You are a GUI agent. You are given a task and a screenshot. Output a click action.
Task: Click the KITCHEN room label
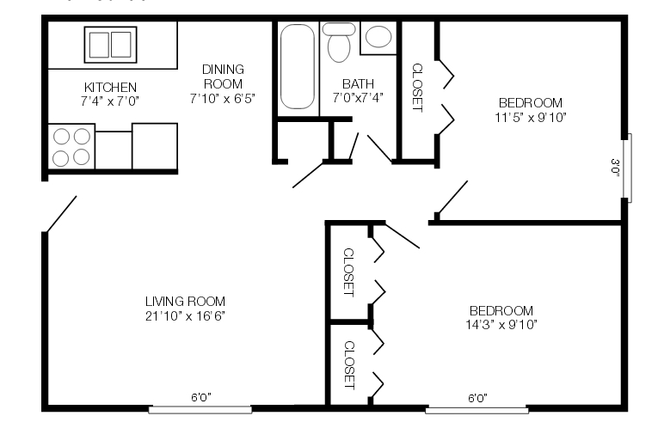[110, 87]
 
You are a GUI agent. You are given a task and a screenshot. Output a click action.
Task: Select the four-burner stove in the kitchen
[71, 146]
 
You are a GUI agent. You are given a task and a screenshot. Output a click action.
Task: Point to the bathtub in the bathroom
[298, 67]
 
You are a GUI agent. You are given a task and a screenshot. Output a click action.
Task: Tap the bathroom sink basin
[378, 37]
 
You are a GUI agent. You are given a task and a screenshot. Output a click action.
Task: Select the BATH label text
[357, 83]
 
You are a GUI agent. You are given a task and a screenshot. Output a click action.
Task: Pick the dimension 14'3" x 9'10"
[502, 324]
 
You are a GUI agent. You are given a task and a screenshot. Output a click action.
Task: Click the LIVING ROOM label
[185, 301]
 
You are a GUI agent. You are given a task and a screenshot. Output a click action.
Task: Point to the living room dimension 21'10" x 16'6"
[185, 315]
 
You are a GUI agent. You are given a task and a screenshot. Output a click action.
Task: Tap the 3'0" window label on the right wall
[615, 167]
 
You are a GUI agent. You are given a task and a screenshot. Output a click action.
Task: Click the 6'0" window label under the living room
[200, 397]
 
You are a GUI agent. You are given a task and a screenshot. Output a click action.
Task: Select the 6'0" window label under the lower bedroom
[477, 398]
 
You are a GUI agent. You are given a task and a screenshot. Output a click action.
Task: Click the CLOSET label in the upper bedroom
[417, 88]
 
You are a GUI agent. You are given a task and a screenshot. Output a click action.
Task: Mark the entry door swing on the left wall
[61, 214]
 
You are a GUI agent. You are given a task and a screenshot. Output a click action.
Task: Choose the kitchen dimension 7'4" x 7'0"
[110, 100]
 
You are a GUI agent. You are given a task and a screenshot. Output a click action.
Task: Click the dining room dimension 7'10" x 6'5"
[223, 97]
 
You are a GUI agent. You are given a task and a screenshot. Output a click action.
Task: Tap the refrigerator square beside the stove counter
[154, 146]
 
